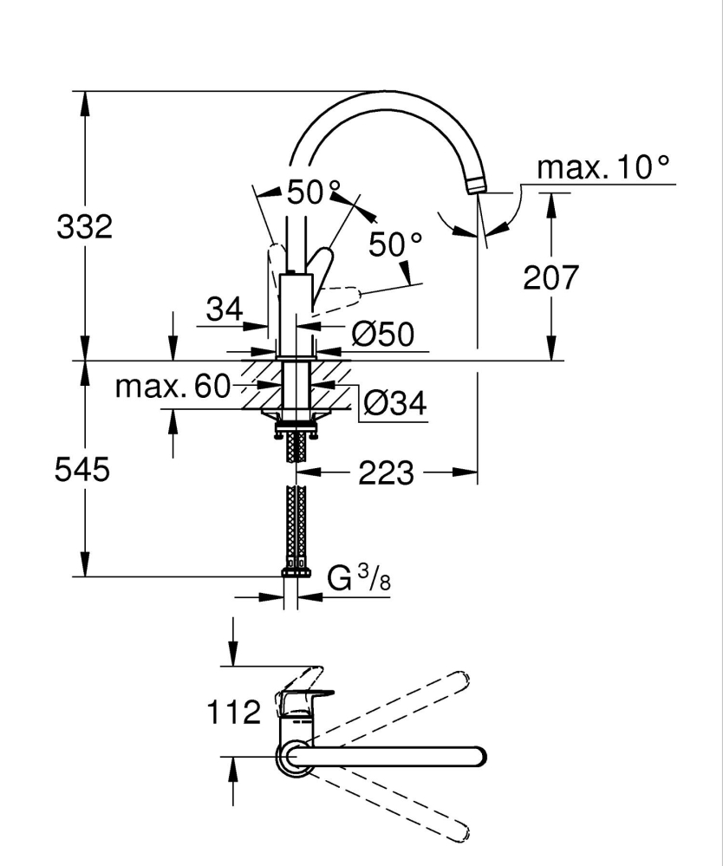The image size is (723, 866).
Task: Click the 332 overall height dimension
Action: (84, 228)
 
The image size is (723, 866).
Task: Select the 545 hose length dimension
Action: (81, 470)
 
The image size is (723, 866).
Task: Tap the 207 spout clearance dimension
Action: (549, 277)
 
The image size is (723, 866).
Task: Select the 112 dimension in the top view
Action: (234, 713)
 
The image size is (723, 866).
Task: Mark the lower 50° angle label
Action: (394, 245)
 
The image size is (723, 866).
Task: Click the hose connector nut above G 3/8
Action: (296, 571)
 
